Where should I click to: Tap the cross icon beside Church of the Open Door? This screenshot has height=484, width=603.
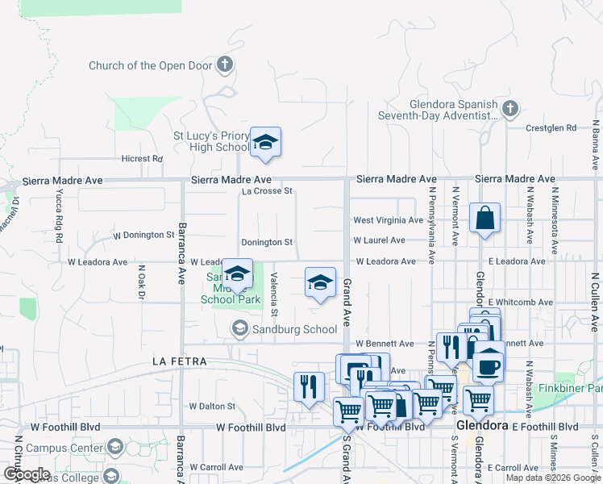click(225, 65)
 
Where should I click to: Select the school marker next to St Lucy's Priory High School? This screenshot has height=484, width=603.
click(265, 143)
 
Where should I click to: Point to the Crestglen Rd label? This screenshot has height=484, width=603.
click(551, 127)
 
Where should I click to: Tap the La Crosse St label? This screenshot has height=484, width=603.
click(267, 191)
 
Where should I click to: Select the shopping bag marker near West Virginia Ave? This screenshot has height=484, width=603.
click(484, 219)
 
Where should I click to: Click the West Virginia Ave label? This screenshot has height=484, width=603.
click(388, 220)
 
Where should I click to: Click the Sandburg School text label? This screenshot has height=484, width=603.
click(294, 329)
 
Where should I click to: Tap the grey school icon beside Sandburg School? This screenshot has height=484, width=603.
click(239, 328)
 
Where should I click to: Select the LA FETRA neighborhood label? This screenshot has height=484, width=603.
click(180, 362)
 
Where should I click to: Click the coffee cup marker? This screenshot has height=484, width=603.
click(489, 365)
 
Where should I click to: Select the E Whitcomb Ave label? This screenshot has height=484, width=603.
click(520, 302)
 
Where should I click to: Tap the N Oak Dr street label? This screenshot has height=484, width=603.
click(140, 282)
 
